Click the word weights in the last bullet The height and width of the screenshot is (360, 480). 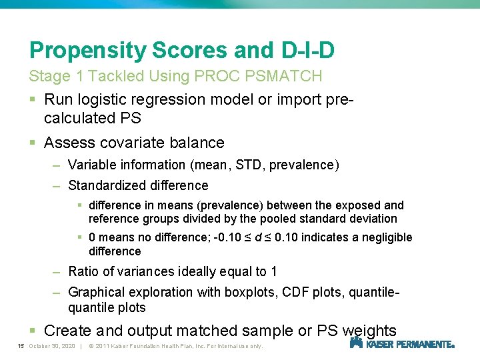coord(369,331)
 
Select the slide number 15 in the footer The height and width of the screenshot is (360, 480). coord(21,346)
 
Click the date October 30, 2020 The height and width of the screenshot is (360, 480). coord(53,346)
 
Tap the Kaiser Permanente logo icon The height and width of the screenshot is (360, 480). coord(356,343)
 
